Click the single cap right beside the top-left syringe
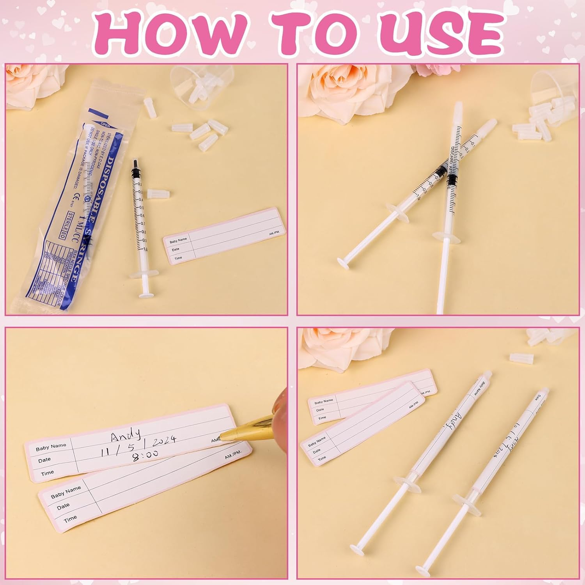(158, 193)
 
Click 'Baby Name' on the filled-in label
(51, 447)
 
